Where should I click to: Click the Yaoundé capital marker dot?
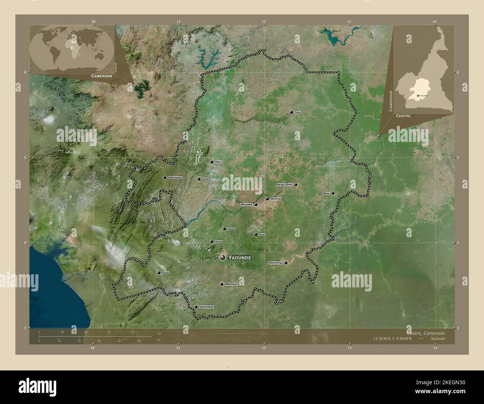point(223,258)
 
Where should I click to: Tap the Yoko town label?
point(297,112)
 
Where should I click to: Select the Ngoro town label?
point(219,162)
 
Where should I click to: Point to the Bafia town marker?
point(199,179)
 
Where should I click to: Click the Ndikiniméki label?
point(175,178)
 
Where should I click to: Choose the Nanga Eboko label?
point(284,184)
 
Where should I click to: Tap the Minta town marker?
point(333,193)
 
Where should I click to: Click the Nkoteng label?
point(276,199)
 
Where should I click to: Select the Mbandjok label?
point(247,205)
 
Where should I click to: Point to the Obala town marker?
point(224,229)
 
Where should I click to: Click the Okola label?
point(218,242)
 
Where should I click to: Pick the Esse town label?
point(262,234)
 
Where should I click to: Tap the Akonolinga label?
point(276,263)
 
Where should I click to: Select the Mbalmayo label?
point(231,284)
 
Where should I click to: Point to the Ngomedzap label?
point(207,307)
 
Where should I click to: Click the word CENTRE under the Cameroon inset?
point(403,116)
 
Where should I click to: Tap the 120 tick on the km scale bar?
point(132,332)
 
